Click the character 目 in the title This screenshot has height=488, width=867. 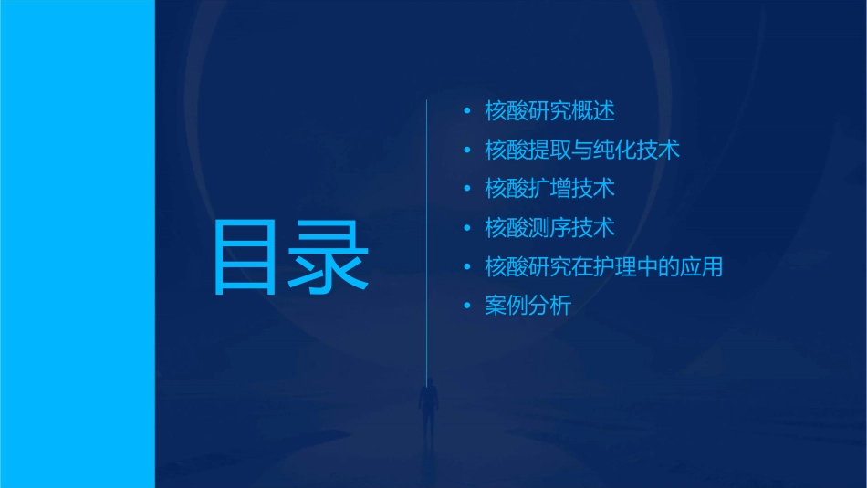(x=245, y=256)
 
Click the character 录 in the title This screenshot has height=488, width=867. (x=329, y=256)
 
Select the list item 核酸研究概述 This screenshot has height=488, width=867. (x=549, y=111)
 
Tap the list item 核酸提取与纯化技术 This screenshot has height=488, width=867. (x=582, y=150)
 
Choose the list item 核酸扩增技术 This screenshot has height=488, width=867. (x=549, y=189)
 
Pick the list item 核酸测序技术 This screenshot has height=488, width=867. (x=549, y=228)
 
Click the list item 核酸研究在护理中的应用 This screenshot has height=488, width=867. (x=604, y=267)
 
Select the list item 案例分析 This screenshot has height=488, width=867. (x=528, y=306)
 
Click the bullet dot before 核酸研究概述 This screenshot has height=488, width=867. (x=467, y=111)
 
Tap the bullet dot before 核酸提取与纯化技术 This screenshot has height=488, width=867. (x=467, y=151)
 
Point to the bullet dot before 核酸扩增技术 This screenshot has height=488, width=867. (x=467, y=190)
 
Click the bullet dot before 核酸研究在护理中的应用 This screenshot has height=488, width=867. (x=467, y=268)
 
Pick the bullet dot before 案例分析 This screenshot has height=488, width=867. (x=467, y=306)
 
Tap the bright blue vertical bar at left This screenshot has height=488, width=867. (x=78, y=244)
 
